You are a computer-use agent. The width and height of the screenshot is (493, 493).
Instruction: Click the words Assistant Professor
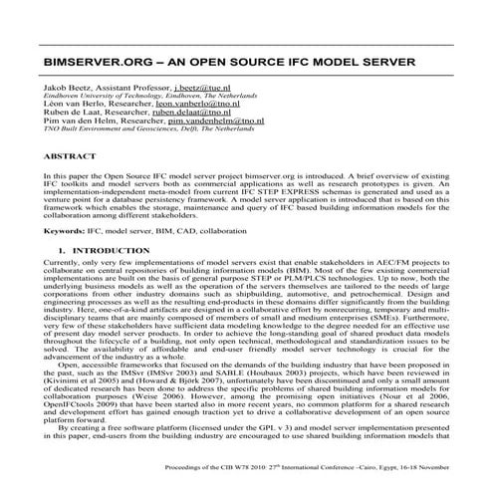125,90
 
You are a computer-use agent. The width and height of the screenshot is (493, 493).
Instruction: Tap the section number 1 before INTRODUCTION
62,249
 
